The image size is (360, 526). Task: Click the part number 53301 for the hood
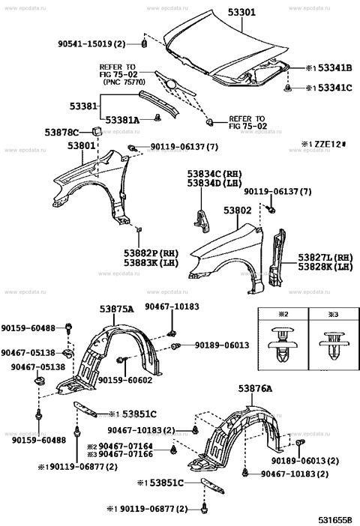(242, 11)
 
